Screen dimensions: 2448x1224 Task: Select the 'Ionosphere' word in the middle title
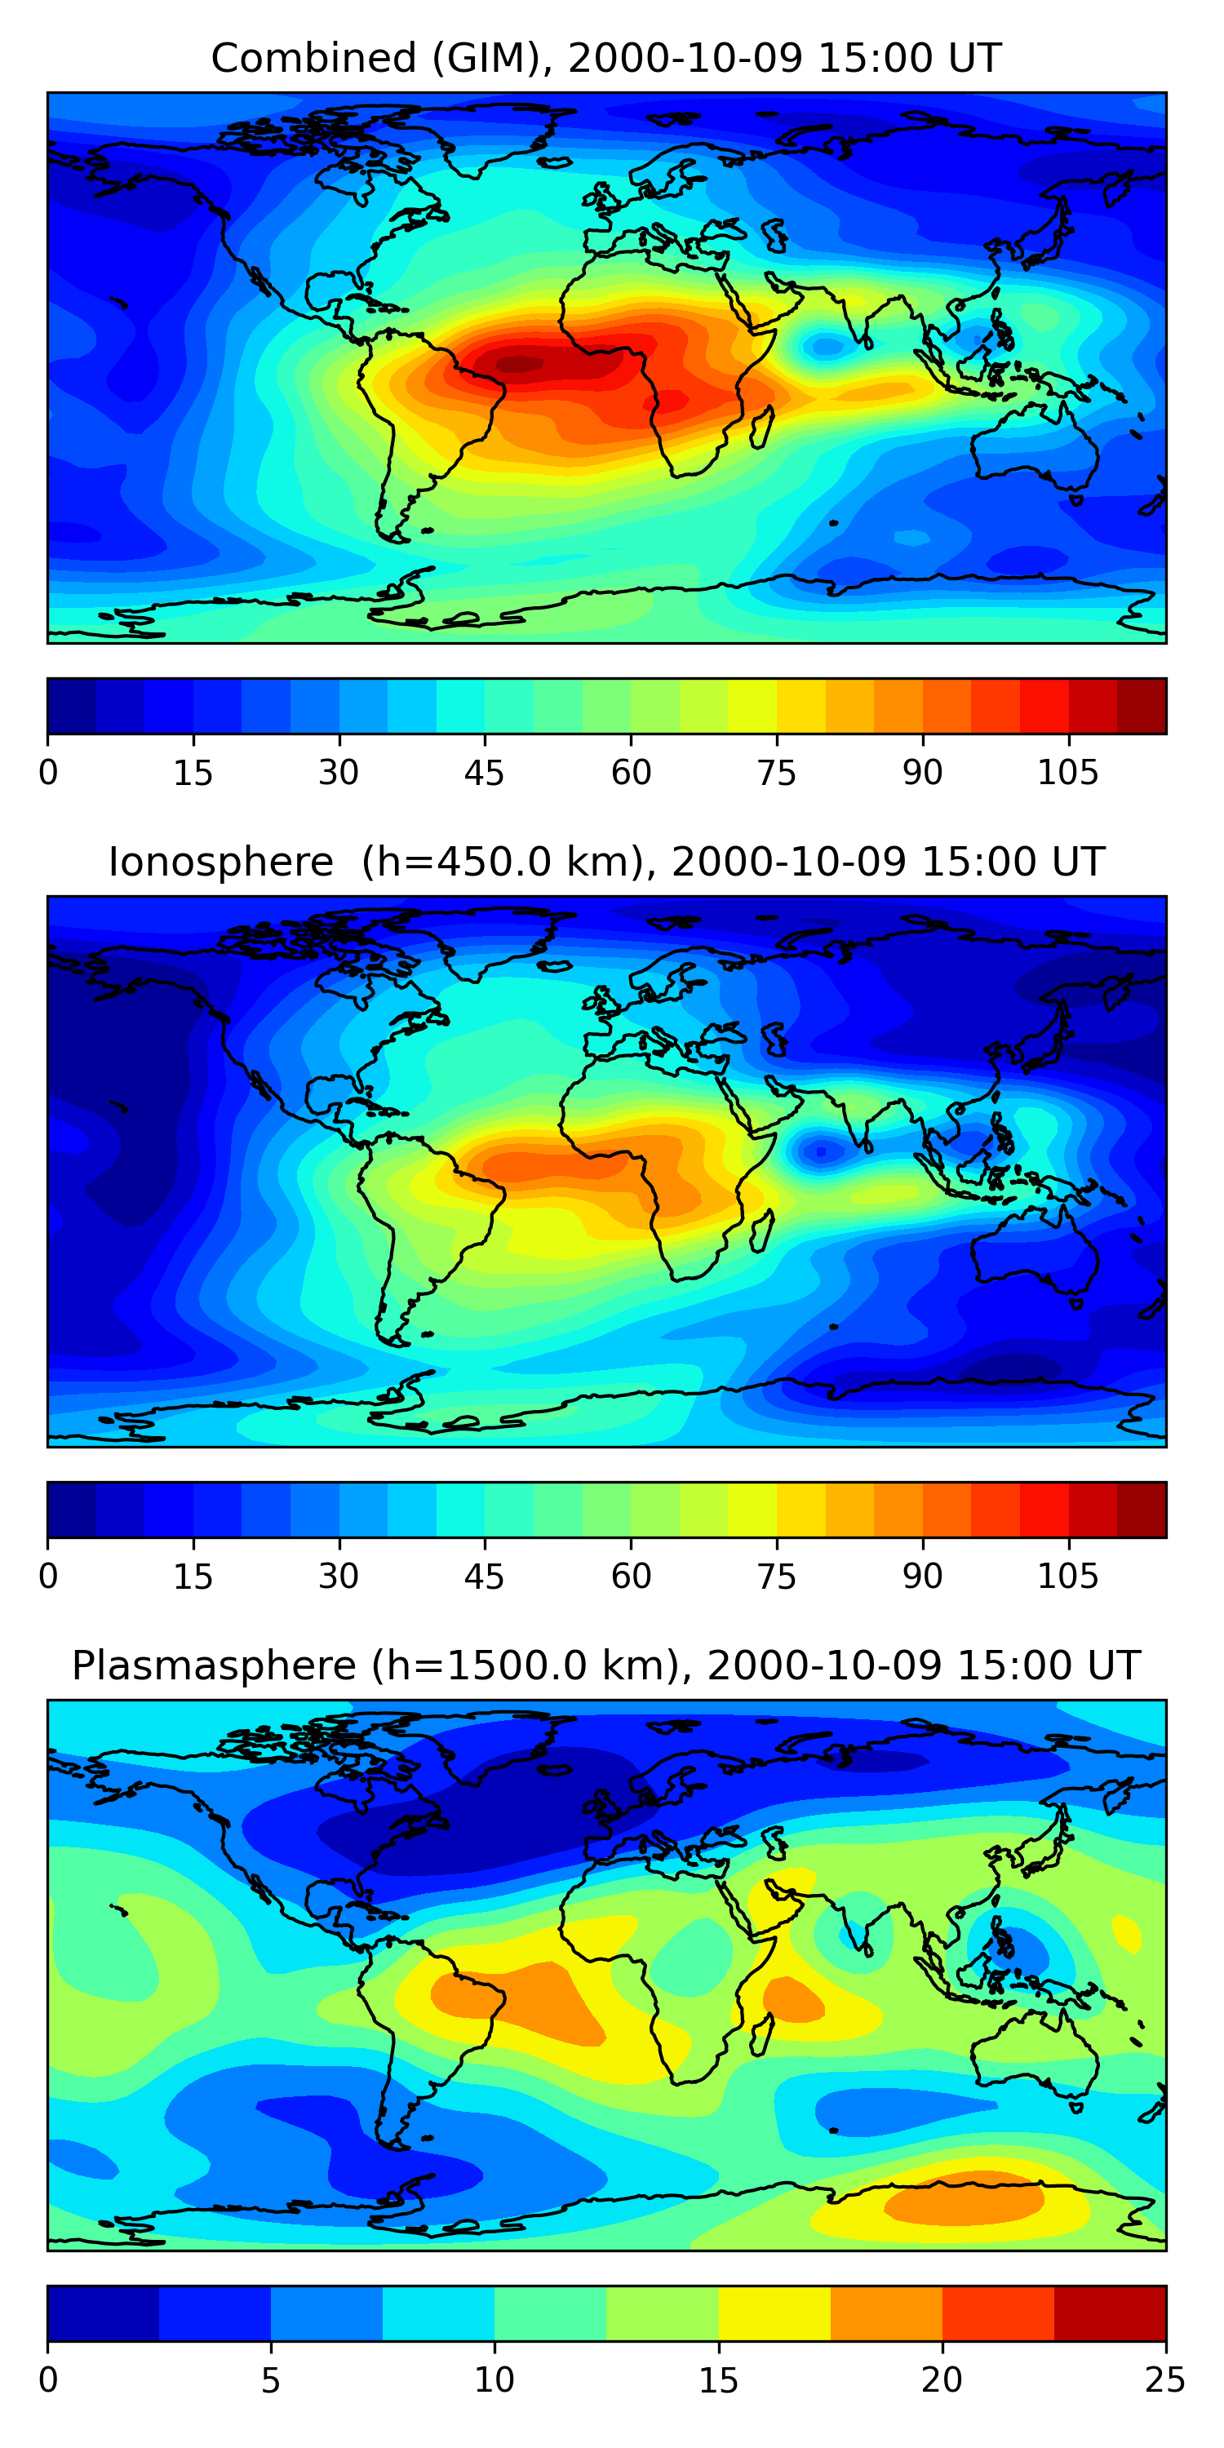pyautogui.click(x=220, y=863)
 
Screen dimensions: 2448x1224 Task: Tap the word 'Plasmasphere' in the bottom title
pyautogui.click(x=214, y=1666)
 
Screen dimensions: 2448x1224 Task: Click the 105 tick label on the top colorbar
pyautogui.click(x=1067, y=773)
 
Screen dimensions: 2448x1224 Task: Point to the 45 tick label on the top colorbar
pyautogui.click(x=484, y=773)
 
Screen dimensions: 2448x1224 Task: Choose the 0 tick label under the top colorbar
pyautogui.click(x=48, y=773)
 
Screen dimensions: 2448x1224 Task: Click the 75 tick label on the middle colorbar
pyautogui.click(x=776, y=1577)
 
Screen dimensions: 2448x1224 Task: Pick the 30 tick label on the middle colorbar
pyautogui.click(x=339, y=1577)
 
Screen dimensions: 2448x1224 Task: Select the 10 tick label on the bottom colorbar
pyautogui.click(x=494, y=2379)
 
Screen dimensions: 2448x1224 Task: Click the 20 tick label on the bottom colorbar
pyautogui.click(x=942, y=2379)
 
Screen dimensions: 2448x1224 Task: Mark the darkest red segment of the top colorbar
pyautogui.click(x=1142, y=706)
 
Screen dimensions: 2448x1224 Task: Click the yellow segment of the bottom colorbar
pyautogui.click(x=774, y=2313)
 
